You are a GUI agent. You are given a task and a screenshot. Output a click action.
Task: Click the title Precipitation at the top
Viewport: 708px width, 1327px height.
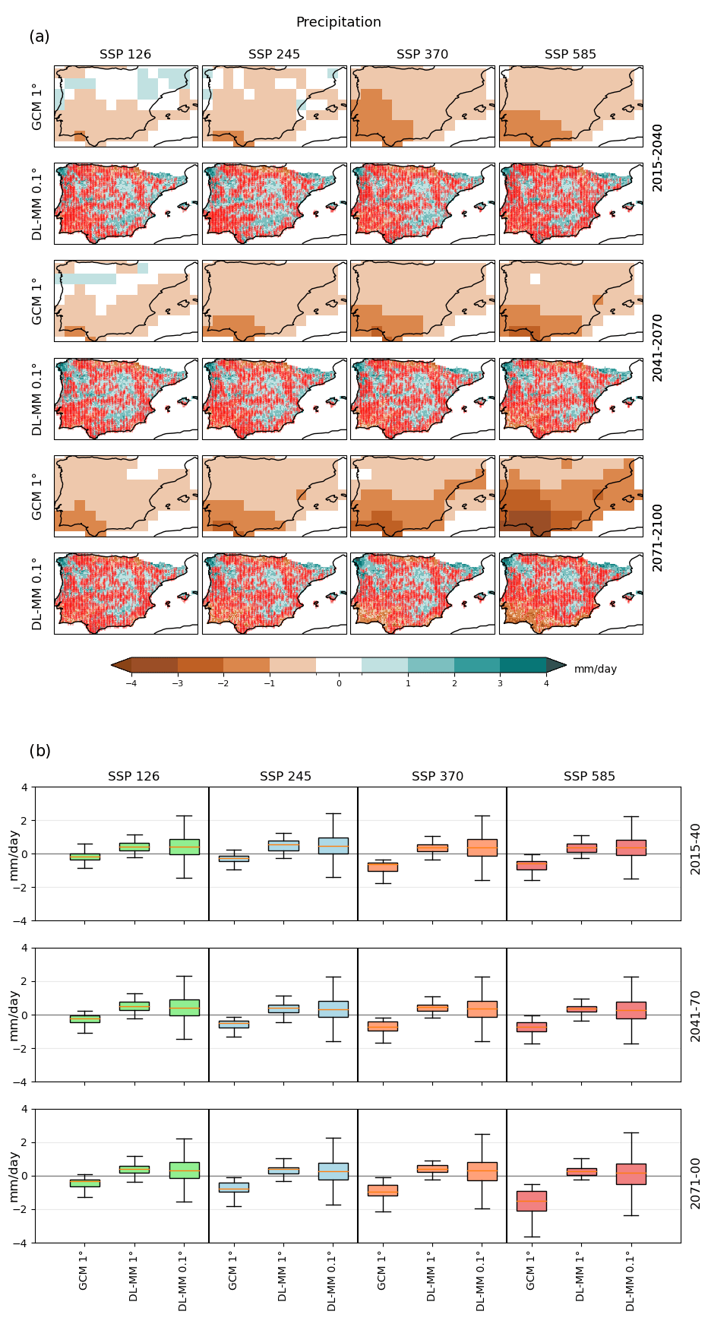click(x=338, y=22)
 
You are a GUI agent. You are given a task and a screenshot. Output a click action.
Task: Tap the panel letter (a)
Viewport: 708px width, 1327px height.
click(x=40, y=36)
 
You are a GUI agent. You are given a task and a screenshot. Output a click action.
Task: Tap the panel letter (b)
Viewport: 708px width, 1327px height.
click(x=40, y=751)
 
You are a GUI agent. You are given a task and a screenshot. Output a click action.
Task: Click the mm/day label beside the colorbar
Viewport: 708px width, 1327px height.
click(x=596, y=669)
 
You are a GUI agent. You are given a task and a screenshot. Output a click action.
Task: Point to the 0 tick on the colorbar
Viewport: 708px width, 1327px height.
click(x=339, y=683)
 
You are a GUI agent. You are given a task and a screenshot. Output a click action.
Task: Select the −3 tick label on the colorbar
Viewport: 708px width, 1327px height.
click(x=177, y=683)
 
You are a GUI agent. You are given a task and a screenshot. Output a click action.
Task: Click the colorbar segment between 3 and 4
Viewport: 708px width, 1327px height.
click(x=523, y=665)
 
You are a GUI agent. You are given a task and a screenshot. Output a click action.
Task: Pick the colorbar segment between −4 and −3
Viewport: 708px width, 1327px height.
click(x=154, y=665)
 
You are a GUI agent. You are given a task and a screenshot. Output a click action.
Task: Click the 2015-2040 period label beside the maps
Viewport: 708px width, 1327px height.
click(x=658, y=157)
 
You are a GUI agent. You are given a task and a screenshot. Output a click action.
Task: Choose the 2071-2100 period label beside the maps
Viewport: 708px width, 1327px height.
click(x=658, y=537)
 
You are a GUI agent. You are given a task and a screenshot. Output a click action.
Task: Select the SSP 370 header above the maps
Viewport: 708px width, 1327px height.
click(x=422, y=54)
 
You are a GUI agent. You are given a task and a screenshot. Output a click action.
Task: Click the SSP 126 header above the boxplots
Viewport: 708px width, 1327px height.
click(x=134, y=776)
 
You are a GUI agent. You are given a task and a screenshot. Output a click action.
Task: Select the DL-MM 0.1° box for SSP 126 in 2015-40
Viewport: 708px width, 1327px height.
click(x=184, y=847)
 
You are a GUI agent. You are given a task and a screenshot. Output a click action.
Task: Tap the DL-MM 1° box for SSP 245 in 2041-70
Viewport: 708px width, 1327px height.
click(x=283, y=1009)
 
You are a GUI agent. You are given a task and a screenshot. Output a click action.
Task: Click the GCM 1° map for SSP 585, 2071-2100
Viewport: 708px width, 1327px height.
click(x=571, y=496)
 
